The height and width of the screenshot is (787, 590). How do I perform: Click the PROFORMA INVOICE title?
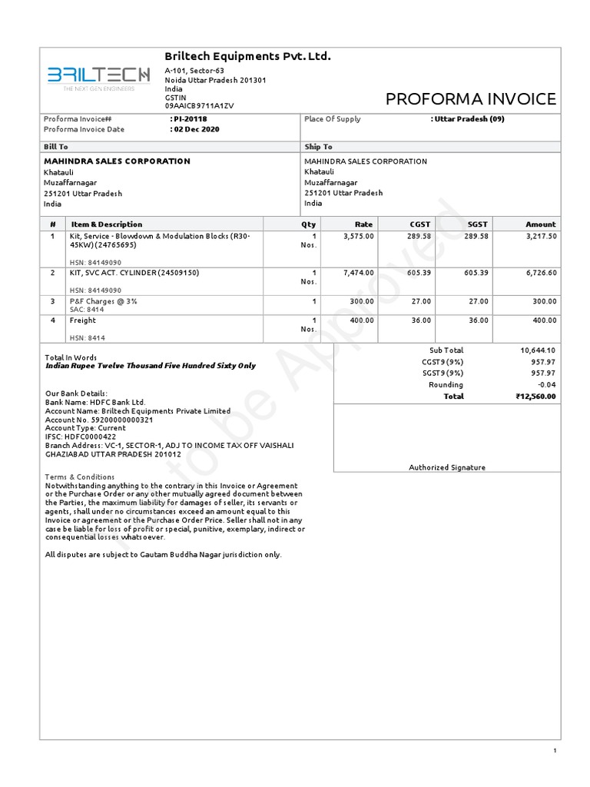coord(470,99)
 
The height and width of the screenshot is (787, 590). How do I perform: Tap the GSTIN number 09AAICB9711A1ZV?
coord(199,105)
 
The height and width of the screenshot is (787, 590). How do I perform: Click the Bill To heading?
coord(56,146)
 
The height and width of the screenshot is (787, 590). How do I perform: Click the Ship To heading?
coord(318,146)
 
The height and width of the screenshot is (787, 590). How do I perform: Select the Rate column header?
coord(363,224)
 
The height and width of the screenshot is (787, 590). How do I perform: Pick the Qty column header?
coord(309,224)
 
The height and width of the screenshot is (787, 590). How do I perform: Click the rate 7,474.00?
coord(359,273)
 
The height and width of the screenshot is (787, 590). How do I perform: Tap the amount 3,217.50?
coord(541,236)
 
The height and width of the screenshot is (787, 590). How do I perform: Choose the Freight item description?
coord(83,320)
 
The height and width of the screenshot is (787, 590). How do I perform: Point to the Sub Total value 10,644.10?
coord(538,350)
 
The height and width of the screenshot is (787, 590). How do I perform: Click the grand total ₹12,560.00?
coord(535,397)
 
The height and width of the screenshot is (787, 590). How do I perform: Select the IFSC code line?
coord(81,437)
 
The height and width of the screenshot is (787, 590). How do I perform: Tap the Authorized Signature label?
coord(447,467)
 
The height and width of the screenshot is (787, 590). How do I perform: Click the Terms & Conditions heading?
coord(80,477)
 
